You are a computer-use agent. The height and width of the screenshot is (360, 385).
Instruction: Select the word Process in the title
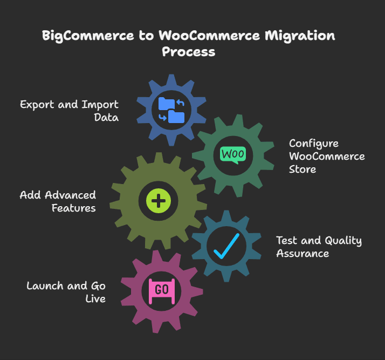[x=189, y=52]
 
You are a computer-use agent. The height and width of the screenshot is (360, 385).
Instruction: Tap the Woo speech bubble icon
[x=233, y=154]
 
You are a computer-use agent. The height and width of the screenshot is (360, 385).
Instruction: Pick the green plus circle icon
[x=159, y=201]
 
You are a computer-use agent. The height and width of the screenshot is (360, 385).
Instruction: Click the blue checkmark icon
[x=226, y=246]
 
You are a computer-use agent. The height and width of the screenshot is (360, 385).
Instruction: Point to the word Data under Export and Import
[x=106, y=117]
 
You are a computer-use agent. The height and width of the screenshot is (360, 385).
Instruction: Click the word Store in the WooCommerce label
[x=302, y=169]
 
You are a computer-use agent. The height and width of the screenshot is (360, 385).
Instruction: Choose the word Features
[x=74, y=208]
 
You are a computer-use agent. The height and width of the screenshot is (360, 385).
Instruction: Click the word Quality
[x=341, y=241]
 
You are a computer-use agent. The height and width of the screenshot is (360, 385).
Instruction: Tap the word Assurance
[x=302, y=253]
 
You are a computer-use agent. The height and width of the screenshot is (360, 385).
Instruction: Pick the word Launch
[x=44, y=286]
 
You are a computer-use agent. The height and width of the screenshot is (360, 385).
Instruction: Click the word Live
[x=95, y=298]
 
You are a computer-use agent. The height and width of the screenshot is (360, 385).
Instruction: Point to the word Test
[x=287, y=241]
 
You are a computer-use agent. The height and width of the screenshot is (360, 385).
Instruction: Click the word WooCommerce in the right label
[x=327, y=157]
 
